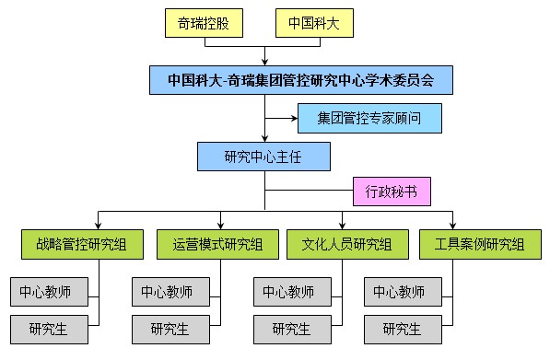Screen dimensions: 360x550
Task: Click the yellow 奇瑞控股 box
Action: (204, 23)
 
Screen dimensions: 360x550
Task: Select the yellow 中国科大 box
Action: (314, 23)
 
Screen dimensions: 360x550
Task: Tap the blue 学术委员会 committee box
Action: (301, 80)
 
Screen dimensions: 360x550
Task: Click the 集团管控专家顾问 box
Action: (369, 118)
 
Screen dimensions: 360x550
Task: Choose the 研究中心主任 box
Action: (263, 156)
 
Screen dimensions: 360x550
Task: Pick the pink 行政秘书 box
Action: (392, 193)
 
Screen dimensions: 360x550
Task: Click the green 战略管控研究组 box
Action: (83, 244)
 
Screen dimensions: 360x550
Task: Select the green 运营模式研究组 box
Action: (217, 244)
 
